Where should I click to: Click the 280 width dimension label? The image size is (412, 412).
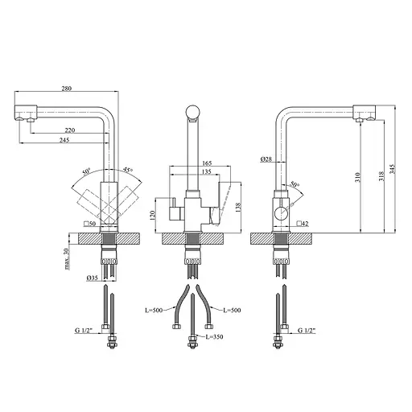coord(67,89)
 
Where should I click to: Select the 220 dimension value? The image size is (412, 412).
coord(70,130)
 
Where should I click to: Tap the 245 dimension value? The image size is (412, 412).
coord(64,140)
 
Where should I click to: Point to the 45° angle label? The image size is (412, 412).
coord(128,170)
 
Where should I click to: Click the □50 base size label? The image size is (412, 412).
coord(90,223)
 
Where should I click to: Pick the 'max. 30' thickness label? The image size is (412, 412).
coord(67,258)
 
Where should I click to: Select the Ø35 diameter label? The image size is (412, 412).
coord(92,278)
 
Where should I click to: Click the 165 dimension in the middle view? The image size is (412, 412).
coord(207,163)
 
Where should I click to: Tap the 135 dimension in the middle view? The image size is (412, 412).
coord(206,171)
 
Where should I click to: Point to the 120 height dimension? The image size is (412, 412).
coord(153,215)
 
